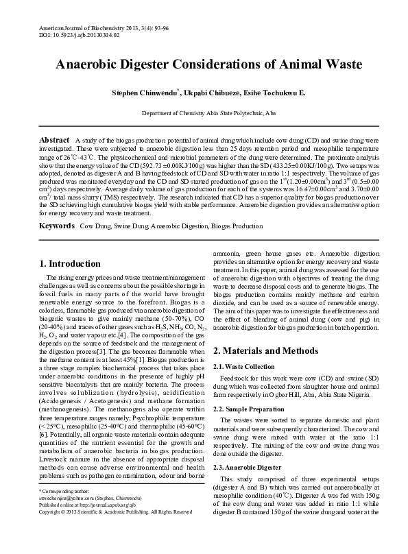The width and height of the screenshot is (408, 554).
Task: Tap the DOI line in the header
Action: pyautogui.click(x=64, y=32)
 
